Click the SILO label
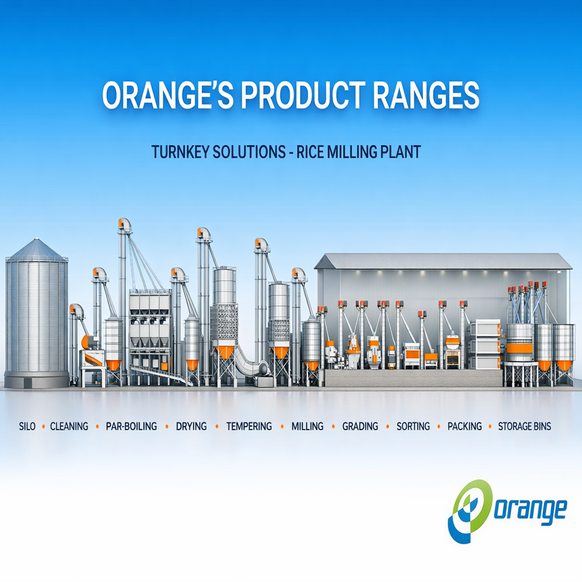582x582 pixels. click(27, 426)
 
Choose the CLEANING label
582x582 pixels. click(69, 426)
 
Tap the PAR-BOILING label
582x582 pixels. click(132, 426)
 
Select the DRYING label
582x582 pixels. click(191, 426)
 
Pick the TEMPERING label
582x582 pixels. click(249, 426)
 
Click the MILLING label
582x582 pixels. click(307, 426)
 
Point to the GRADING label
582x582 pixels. click(360, 426)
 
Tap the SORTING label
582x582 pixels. click(413, 426)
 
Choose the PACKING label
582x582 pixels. click(464, 426)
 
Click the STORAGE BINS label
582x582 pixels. click(524, 426)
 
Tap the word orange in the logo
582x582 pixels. click(530, 510)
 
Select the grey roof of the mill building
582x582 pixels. click(443, 261)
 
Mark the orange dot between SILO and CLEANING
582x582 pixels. click(44, 427)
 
